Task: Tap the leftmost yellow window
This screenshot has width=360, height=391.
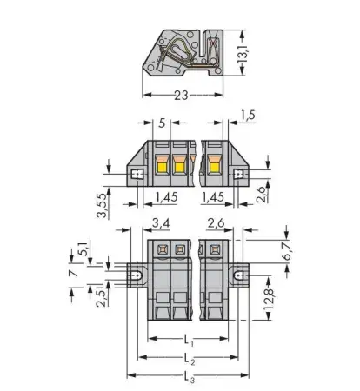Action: tap(162, 162)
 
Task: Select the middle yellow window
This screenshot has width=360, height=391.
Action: tap(180, 162)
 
